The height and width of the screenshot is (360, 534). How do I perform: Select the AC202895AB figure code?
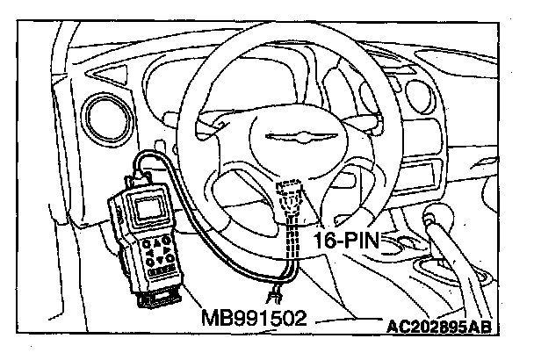pyautogui.click(x=437, y=328)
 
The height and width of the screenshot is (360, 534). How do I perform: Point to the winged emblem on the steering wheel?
pyautogui.click(x=299, y=136)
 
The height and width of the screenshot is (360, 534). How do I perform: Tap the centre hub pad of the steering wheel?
pyautogui.click(x=299, y=145)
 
